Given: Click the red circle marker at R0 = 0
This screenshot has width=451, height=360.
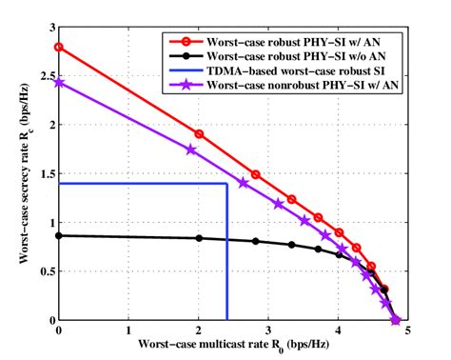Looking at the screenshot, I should pyautogui.click(x=59, y=47).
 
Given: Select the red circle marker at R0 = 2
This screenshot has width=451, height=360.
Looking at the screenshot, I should pyautogui.click(x=199, y=134).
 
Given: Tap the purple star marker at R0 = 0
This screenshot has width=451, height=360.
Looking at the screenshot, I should pyautogui.click(x=59, y=83).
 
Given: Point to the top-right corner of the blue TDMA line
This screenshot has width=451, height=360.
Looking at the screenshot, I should pyautogui.click(x=226, y=184).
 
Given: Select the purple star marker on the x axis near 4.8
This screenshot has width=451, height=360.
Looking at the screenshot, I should pyautogui.click(x=395, y=320).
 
